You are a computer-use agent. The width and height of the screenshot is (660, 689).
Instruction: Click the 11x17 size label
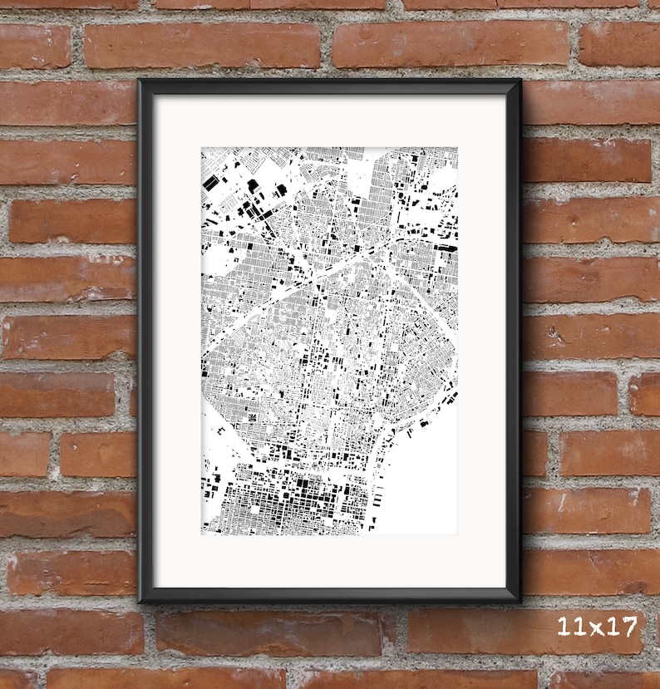coord(598,626)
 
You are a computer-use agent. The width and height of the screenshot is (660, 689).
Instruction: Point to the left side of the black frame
coord(146,341)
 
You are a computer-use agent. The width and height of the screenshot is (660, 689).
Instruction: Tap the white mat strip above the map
coord(329,121)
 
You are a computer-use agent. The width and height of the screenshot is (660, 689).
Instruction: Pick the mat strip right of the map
coord(481,341)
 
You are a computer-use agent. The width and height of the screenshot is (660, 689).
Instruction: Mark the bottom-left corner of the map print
coord(202,534)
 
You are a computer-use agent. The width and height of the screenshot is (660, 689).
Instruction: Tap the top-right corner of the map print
coord(456,149)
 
